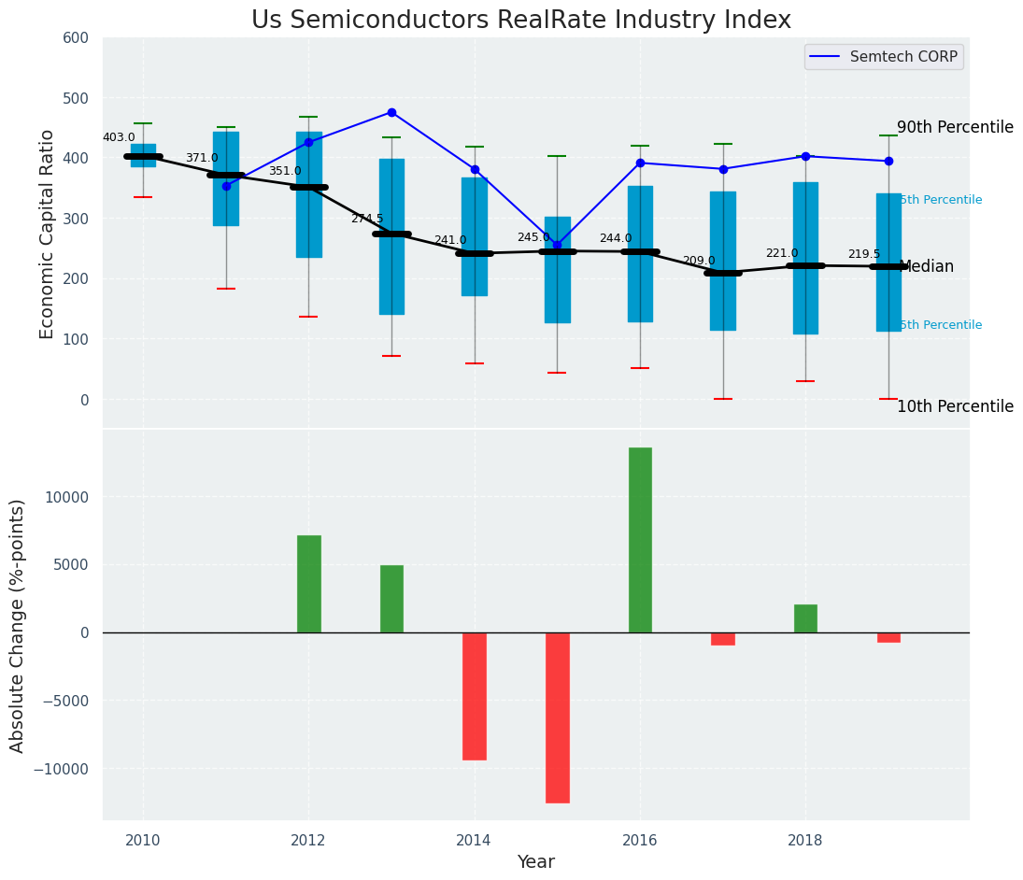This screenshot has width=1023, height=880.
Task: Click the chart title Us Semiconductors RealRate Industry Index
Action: (520, 21)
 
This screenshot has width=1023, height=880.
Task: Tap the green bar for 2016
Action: (640, 540)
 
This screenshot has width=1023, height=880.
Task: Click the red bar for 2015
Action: (557, 717)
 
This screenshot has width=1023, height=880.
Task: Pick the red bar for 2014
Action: (475, 696)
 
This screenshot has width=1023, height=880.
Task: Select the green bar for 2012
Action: (309, 584)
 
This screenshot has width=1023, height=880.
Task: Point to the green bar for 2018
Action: (805, 618)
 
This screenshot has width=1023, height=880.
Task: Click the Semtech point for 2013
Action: (391, 112)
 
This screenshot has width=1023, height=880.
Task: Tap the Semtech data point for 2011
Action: (226, 186)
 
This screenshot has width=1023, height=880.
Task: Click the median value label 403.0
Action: (119, 137)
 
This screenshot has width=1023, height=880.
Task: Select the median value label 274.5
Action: (367, 219)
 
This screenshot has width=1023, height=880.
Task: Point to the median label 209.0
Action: (699, 261)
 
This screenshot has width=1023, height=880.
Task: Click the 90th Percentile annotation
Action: (955, 127)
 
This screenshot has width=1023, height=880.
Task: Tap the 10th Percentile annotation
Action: (955, 406)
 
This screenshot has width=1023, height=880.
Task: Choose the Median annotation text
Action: (926, 267)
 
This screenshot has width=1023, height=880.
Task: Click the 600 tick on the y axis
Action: (76, 38)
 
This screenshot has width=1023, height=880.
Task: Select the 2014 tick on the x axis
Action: (475, 840)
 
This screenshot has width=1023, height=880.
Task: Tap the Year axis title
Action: (535, 862)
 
